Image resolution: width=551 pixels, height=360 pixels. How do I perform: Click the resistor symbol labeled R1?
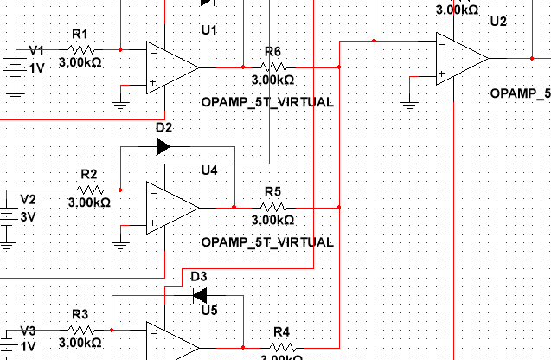click(83, 49)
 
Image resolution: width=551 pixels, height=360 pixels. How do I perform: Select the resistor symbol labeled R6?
click(272, 66)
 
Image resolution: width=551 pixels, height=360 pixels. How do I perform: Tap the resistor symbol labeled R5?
click(272, 207)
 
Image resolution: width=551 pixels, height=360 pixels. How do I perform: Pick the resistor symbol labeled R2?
click(90, 189)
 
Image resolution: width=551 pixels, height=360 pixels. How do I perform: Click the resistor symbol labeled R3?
click(81, 330)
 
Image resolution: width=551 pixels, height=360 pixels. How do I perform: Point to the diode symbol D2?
click(163, 146)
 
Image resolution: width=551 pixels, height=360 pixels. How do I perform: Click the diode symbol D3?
click(199, 294)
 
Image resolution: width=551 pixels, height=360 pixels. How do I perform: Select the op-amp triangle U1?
click(172, 67)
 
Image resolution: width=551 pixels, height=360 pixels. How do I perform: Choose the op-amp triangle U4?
click(172, 208)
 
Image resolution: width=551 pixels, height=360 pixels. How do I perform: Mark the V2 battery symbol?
click(8, 215)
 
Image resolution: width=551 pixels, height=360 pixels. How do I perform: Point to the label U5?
click(209, 310)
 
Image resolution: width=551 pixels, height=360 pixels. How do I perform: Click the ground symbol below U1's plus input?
click(121, 105)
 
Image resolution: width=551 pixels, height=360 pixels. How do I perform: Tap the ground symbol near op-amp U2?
click(410, 105)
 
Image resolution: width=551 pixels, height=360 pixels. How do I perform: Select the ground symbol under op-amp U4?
click(121, 245)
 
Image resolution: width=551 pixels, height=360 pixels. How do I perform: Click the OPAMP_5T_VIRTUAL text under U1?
click(266, 102)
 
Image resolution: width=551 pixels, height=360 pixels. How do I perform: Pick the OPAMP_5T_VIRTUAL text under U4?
click(266, 243)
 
